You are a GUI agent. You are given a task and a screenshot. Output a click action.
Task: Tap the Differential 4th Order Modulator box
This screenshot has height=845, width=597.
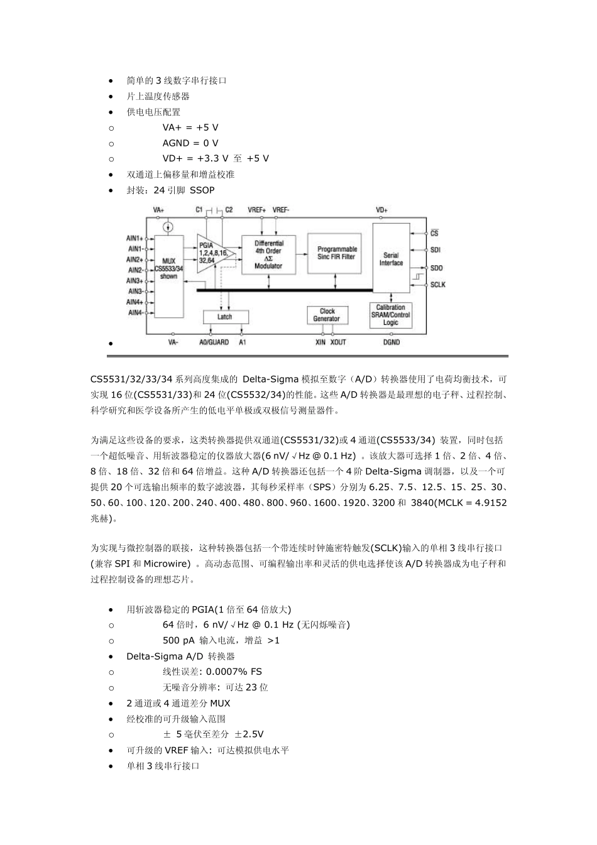pyautogui.click(x=268, y=254)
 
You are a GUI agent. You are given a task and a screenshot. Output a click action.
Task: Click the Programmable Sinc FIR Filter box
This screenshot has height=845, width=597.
pyautogui.click(x=336, y=253)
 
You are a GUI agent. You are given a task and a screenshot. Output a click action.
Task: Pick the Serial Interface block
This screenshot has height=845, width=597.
pyautogui.click(x=391, y=259)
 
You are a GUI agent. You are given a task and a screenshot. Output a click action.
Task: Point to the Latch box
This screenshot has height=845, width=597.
pyautogui.click(x=225, y=317)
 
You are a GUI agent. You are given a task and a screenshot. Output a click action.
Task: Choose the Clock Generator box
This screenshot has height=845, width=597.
pyautogui.click(x=327, y=315)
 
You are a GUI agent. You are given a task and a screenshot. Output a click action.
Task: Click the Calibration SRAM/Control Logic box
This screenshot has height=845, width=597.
pyautogui.click(x=391, y=315)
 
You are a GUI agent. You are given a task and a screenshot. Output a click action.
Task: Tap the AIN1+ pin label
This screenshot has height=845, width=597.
pyautogui.click(x=134, y=238)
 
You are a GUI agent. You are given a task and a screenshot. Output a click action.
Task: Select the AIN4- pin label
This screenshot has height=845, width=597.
pyautogui.click(x=134, y=312)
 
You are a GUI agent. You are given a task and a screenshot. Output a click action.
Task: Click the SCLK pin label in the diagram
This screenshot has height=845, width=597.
pyautogui.click(x=437, y=285)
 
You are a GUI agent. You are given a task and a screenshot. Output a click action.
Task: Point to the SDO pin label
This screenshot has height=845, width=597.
pyautogui.click(x=436, y=268)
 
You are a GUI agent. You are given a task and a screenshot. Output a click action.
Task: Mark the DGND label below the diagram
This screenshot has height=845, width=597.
pyautogui.click(x=391, y=342)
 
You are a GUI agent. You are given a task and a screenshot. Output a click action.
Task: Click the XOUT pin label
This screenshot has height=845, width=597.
pyautogui.click(x=338, y=342)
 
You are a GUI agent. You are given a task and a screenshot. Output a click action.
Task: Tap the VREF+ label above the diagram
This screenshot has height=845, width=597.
pyautogui.click(x=256, y=210)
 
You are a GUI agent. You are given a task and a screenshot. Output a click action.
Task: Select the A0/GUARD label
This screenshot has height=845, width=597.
pyautogui.click(x=214, y=342)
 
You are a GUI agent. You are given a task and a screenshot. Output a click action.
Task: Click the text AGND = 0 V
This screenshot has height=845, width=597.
pyautogui.click(x=190, y=143)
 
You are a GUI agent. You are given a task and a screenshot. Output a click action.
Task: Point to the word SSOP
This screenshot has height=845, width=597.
pyautogui.click(x=202, y=190)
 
